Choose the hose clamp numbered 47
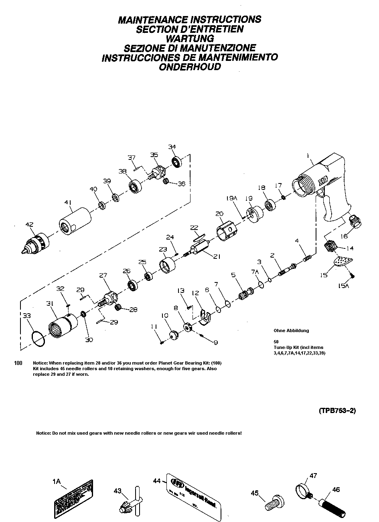(x=304, y=490)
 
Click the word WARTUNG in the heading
(x=190, y=38)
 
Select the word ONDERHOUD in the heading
(x=190, y=67)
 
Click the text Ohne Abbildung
(x=291, y=331)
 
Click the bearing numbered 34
(x=176, y=161)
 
